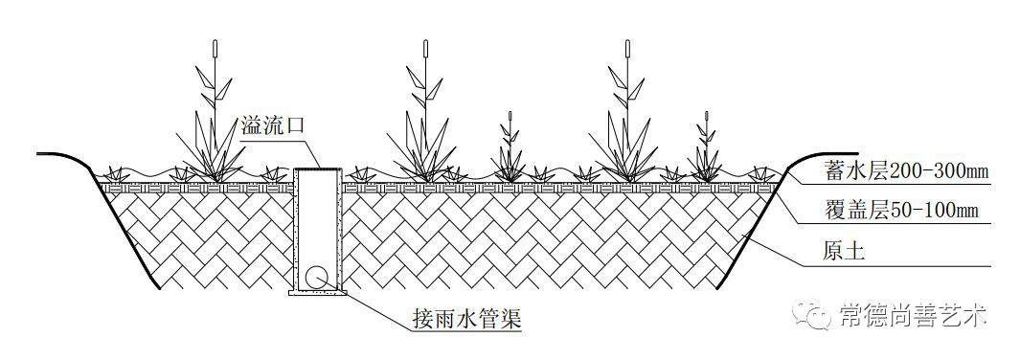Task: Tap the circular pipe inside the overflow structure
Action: click(x=317, y=278)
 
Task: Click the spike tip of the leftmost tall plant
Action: click(x=215, y=48)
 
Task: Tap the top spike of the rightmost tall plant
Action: click(x=627, y=48)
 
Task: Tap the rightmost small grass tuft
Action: click(x=763, y=173)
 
